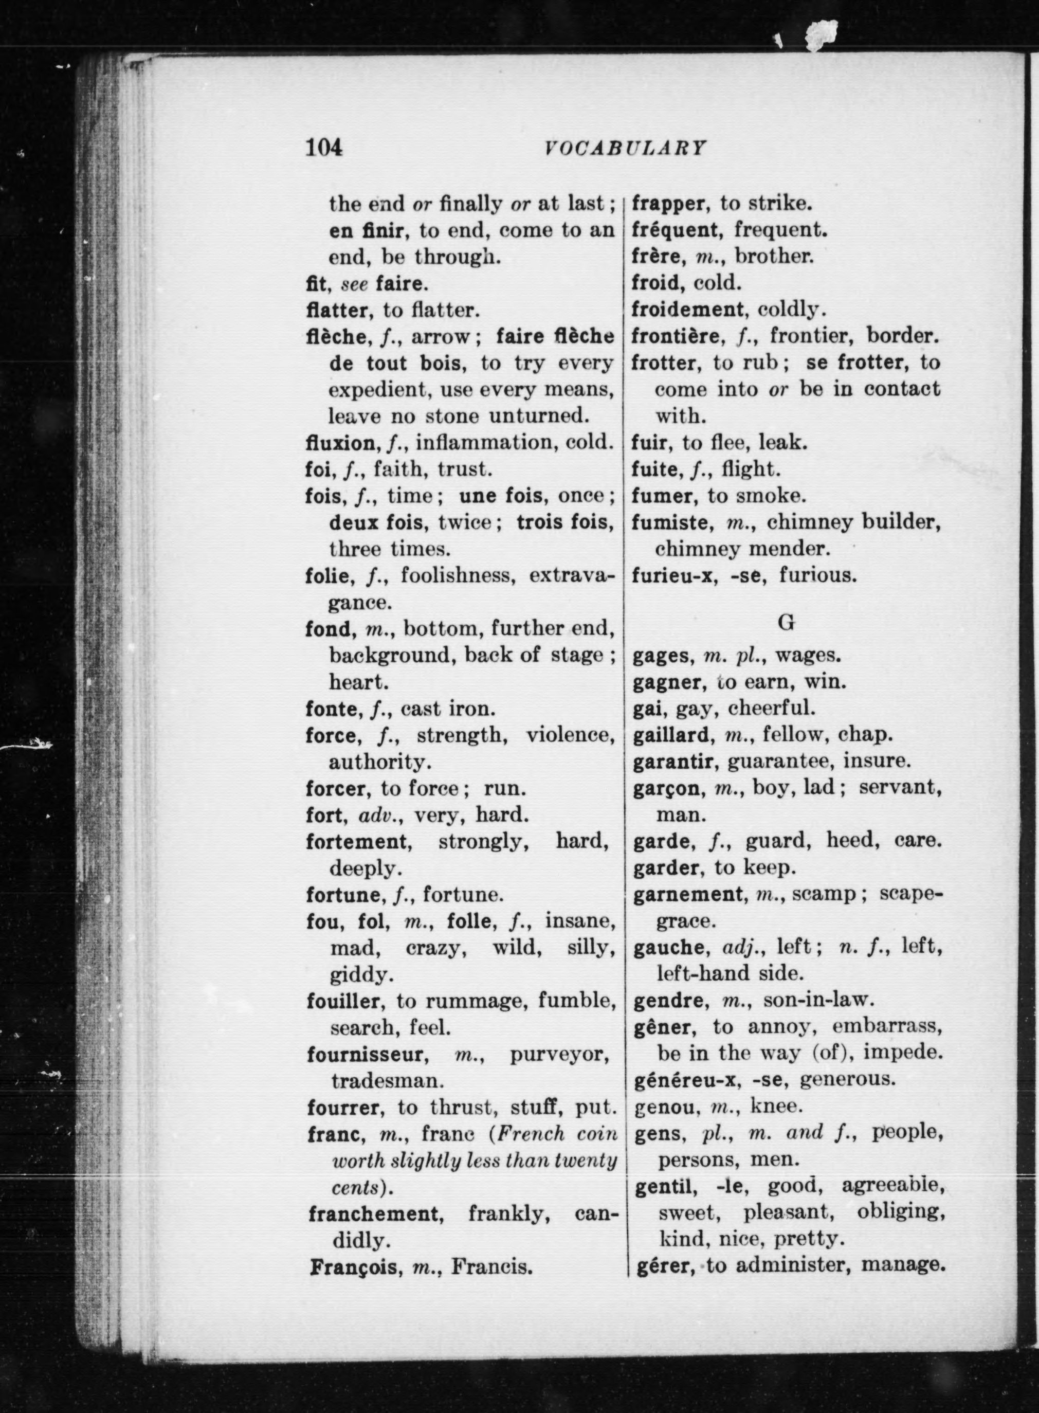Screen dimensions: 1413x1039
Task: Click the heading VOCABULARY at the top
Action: point(625,149)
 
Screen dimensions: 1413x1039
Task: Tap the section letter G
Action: point(786,622)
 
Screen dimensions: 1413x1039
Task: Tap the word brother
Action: point(774,257)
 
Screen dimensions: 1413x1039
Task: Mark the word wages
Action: point(808,656)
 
